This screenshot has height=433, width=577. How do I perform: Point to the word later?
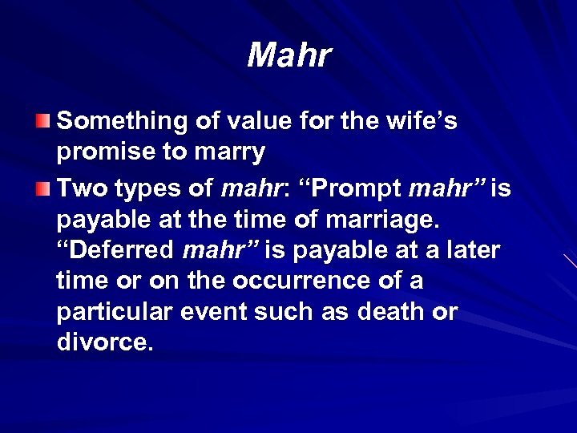tap(468, 251)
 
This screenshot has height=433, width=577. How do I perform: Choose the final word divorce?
tap(103, 343)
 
